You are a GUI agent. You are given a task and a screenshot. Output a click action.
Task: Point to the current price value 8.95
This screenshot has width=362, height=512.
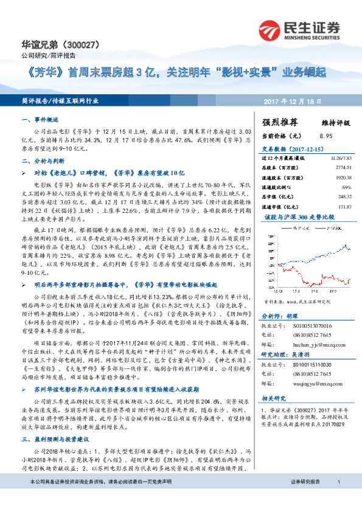(310, 137)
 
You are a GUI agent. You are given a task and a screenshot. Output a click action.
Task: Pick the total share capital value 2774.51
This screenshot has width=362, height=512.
(343, 167)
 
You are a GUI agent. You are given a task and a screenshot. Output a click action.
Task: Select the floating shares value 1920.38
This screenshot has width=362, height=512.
(343, 177)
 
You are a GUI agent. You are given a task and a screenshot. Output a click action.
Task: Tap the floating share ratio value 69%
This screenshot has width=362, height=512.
(347, 187)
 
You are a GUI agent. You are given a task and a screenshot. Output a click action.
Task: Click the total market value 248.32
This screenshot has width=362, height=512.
(344, 197)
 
